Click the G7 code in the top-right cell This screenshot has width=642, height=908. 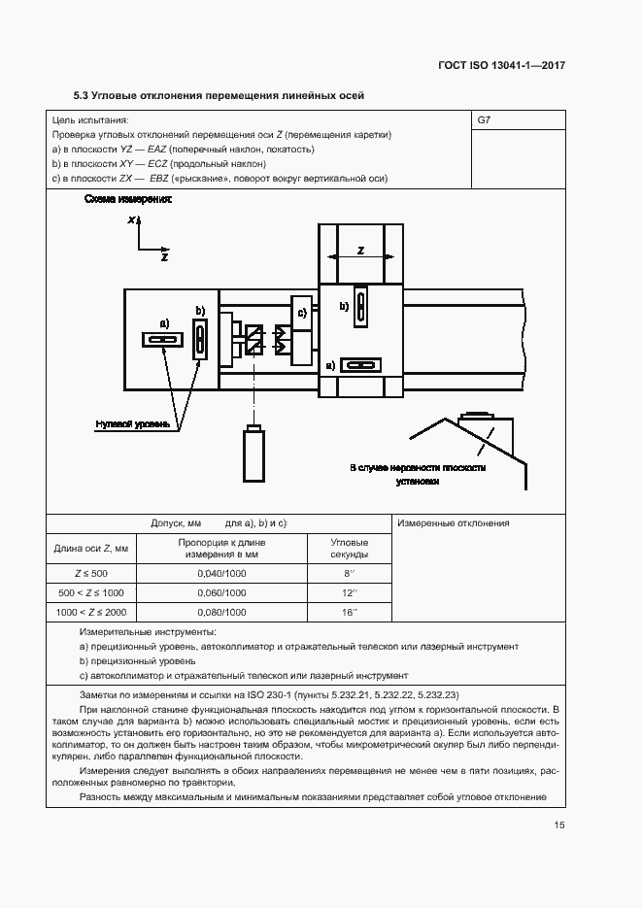coord(484,120)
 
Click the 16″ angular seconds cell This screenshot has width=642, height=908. coord(349,612)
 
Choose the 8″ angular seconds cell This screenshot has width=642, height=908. coord(349,574)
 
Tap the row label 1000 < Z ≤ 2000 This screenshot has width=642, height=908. coord(91,612)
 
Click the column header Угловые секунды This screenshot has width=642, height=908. coord(349,549)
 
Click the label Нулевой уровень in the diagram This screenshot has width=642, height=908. coord(133,423)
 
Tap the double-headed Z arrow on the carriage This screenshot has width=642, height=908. coord(359,257)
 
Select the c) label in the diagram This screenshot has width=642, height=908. coord(302,313)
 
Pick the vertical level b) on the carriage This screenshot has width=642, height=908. coord(360,305)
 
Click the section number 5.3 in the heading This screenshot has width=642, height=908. coord(82,95)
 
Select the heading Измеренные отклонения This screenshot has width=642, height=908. coord(454,523)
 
